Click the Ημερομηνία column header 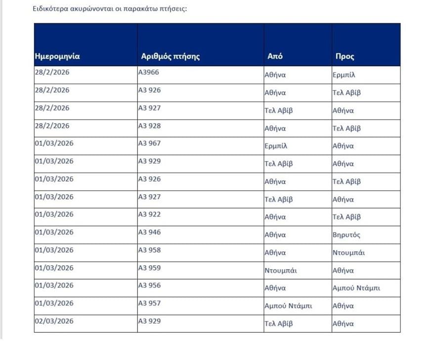tap(57, 56)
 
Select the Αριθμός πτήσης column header tap(170, 56)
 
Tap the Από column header tap(275, 56)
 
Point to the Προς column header tap(345, 56)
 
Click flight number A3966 tap(149, 72)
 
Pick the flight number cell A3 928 tap(149, 125)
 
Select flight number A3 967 tap(149, 143)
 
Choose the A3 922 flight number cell tap(149, 214)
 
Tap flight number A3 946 tap(149, 232)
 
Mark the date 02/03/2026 tap(54, 321)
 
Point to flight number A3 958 tap(149, 250)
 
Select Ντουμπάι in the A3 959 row tap(281, 271)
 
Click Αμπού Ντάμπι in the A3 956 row tap(356, 288)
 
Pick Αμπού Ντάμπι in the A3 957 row tap(288, 306)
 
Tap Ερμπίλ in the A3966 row tap(345, 76)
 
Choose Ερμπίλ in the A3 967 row tap(276, 146)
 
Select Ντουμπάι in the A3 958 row tap(348, 253)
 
